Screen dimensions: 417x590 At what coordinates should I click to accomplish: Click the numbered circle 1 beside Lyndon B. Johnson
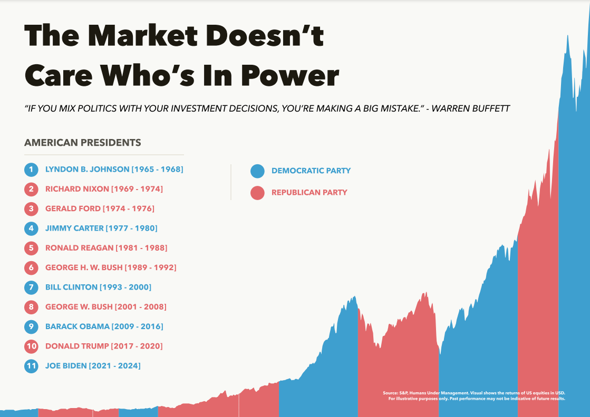coord(32,170)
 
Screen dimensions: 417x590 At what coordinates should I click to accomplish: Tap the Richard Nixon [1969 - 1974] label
coord(104,189)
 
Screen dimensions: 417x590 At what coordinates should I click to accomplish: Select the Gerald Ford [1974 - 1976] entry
coord(100,208)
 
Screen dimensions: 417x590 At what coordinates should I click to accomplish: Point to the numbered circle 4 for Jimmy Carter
coord(32,229)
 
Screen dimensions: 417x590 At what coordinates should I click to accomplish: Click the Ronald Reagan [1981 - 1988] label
coord(106,248)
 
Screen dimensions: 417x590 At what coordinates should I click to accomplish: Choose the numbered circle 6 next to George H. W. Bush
coord(32,267)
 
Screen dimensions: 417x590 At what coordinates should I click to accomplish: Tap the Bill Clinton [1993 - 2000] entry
coord(98,287)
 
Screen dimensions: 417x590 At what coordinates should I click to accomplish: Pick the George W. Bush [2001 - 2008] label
coord(106,307)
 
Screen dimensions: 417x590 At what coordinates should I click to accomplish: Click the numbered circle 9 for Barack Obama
coord(32,326)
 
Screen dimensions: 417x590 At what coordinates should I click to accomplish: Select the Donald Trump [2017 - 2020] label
coord(104,346)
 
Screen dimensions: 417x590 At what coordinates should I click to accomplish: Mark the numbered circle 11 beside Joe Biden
coord(32,366)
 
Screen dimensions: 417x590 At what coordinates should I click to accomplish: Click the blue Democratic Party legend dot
coord(257,171)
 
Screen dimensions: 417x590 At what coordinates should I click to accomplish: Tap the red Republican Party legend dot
coord(257,193)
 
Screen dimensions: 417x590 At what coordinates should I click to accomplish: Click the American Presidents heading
coord(83,143)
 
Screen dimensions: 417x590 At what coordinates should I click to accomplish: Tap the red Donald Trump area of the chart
coord(538,316)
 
